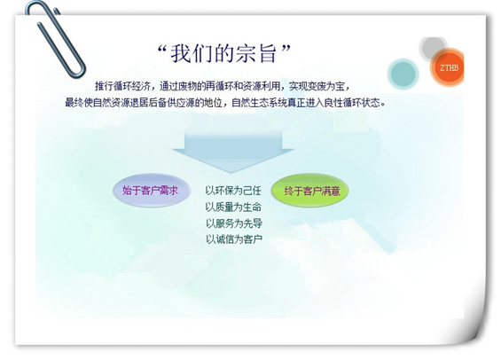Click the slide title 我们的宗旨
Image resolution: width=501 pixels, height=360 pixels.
pyautogui.click(x=223, y=53)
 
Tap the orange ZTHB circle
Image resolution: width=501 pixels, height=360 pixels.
pyautogui.click(x=448, y=67)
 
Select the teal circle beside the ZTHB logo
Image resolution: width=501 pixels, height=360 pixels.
pyautogui.click(x=403, y=74)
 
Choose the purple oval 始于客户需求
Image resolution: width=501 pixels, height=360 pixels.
pyautogui.click(x=152, y=191)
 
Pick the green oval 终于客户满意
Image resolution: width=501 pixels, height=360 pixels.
pyautogui.click(x=310, y=191)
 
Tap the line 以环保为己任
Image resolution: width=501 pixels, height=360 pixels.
pyautogui.click(x=233, y=191)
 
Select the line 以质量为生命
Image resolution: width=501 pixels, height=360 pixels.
pyautogui.click(x=233, y=207)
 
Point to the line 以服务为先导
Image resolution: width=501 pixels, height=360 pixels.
pyautogui.click(x=233, y=223)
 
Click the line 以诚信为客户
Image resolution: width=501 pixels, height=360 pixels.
pyautogui.click(x=233, y=239)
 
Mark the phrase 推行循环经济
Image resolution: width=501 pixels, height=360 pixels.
pyautogui.click(x=122, y=86)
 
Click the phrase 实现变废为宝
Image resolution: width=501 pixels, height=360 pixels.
pyautogui.click(x=317, y=86)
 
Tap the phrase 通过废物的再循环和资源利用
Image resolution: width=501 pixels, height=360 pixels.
pyautogui.click(x=220, y=86)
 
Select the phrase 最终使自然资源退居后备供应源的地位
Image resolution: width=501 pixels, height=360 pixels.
pyautogui.click(x=144, y=103)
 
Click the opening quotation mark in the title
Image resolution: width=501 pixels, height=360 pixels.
pyautogui.click(x=162, y=50)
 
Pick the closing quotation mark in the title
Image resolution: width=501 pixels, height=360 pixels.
pyautogui.click(x=286, y=49)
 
